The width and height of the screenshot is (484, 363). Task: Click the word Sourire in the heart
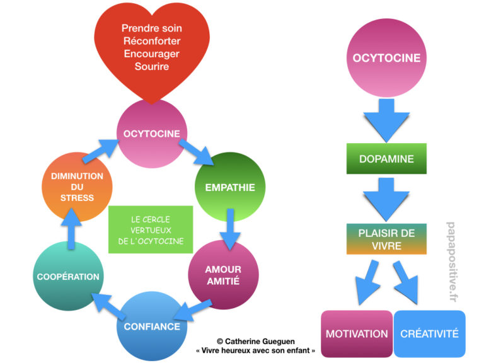(x=151, y=66)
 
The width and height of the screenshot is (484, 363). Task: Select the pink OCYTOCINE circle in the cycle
(x=151, y=133)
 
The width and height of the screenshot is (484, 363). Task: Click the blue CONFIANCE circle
(x=151, y=326)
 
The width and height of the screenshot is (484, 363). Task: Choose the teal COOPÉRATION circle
(x=67, y=276)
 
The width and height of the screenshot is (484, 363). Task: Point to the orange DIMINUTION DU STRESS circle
(x=78, y=187)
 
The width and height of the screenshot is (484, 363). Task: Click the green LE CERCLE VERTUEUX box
(x=149, y=229)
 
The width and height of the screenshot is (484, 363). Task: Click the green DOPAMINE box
(x=386, y=159)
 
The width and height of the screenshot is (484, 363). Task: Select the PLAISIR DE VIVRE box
(x=386, y=239)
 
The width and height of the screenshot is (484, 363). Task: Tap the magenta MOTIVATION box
(x=356, y=333)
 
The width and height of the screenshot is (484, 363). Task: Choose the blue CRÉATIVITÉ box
(x=429, y=333)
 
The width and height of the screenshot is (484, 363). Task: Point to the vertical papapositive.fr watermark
(x=451, y=262)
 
